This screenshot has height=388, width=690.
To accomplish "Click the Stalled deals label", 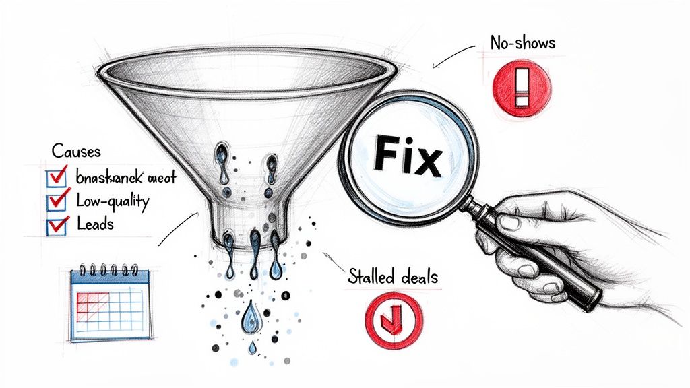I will (393, 276).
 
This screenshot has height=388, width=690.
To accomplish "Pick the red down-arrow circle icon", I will (393, 314).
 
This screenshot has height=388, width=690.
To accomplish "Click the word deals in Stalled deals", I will (416, 276).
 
